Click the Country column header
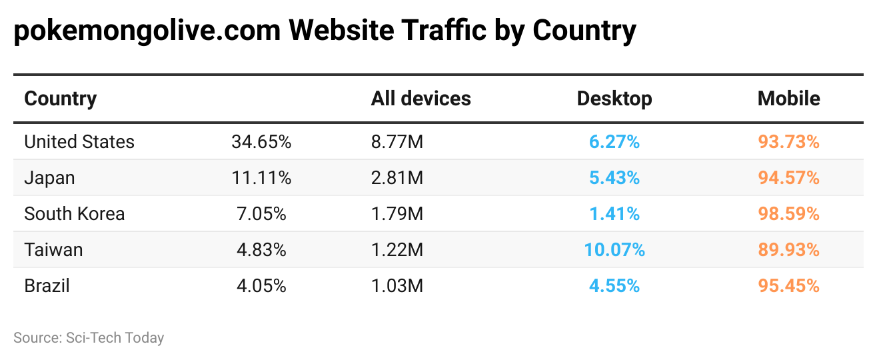point(61,99)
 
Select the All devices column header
point(421,99)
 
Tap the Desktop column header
point(614,99)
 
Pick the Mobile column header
point(788,99)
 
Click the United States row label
point(79,142)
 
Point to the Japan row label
point(49,178)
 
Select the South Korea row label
point(75,214)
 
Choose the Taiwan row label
point(53,250)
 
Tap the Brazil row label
point(47,286)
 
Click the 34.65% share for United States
point(261,142)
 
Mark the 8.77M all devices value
point(397,142)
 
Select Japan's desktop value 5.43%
point(614,178)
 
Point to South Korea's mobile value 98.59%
point(788,214)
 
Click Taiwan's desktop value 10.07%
point(614,250)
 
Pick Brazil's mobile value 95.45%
point(788,286)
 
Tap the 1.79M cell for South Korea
point(397,214)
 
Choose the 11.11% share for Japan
point(261,178)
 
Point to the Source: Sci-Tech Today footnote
point(89,338)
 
